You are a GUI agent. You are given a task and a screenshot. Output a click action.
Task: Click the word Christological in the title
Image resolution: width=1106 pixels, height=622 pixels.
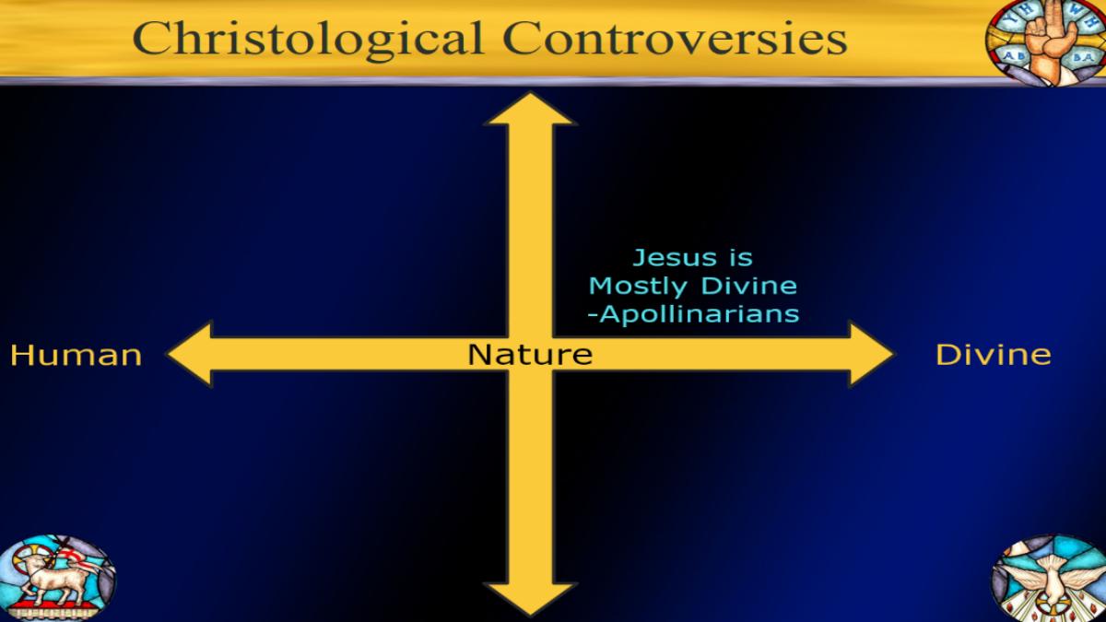pyautogui.click(x=308, y=40)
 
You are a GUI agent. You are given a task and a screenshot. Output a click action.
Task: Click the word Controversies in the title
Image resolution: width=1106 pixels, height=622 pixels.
pyautogui.click(x=675, y=38)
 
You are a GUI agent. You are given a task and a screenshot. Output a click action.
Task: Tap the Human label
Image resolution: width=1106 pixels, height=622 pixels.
pyautogui.click(x=76, y=356)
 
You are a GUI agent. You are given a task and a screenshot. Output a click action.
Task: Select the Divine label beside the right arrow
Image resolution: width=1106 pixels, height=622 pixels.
pyautogui.click(x=994, y=355)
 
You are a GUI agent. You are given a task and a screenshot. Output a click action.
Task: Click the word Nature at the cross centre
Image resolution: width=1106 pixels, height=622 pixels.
pyautogui.click(x=530, y=355)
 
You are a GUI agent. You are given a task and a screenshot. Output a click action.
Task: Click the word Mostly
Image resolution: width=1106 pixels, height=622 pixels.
pyautogui.click(x=638, y=288)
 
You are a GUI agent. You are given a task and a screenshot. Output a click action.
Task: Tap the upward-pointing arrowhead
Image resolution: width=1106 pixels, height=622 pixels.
pyautogui.click(x=530, y=108)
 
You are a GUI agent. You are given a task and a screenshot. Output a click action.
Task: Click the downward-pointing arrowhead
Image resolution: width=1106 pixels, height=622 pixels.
pyautogui.click(x=530, y=599)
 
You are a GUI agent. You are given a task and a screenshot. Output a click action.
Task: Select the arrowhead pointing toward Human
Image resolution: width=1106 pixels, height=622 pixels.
pyautogui.click(x=190, y=354)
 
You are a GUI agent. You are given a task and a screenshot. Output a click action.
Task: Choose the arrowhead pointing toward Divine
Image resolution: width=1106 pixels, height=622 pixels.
pyautogui.click(x=871, y=354)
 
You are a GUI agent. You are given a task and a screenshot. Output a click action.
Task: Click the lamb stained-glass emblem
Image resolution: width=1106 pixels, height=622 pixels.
pyautogui.click(x=57, y=578)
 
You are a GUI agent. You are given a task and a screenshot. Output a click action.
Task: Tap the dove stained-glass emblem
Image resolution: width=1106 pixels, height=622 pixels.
pyautogui.click(x=1049, y=578)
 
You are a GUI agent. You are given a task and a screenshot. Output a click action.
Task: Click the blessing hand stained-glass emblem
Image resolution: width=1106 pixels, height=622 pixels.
pyautogui.click(x=1047, y=42)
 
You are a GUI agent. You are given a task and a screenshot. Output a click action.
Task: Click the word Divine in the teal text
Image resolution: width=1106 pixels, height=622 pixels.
pyautogui.click(x=749, y=286)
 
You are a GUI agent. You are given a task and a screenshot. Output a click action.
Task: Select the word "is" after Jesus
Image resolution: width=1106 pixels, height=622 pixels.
pyautogui.click(x=739, y=258)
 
